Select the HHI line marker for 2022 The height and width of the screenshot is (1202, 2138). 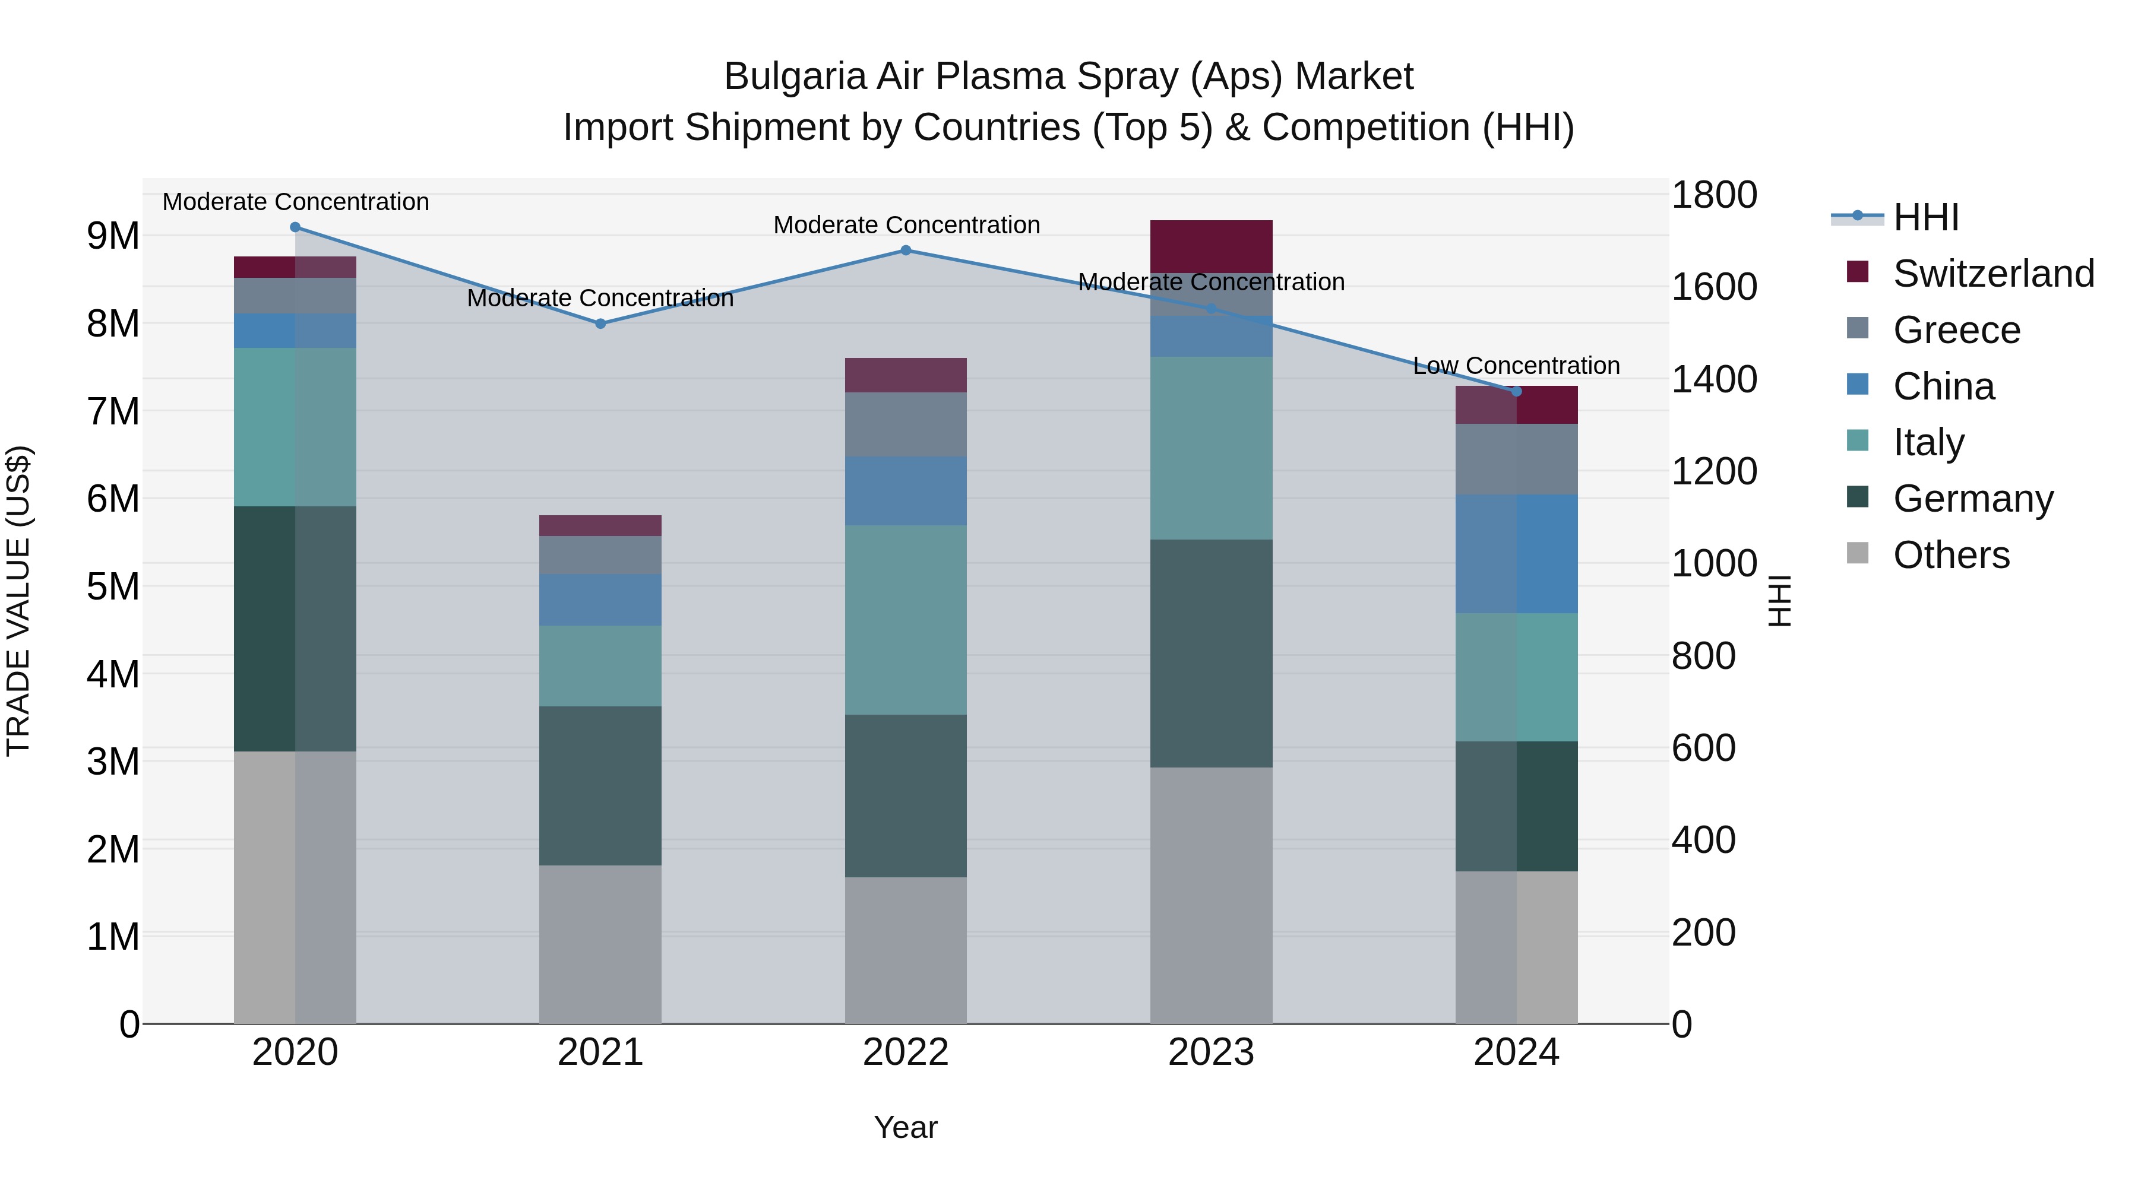click(x=906, y=250)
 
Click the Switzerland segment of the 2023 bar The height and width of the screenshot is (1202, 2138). click(x=1211, y=246)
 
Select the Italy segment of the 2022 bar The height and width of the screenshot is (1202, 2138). click(x=906, y=620)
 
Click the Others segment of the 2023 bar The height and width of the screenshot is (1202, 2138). click(x=1211, y=895)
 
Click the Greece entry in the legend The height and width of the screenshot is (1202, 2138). click(x=1956, y=330)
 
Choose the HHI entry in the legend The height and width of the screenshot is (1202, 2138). click(x=1925, y=217)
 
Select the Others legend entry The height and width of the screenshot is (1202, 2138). click(x=1950, y=555)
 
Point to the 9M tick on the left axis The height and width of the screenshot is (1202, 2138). click(x=113, y=236)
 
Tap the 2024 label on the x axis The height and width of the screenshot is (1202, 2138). click(x=1516, y=1052)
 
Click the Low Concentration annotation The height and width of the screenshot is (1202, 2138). click(x=1516, y=366)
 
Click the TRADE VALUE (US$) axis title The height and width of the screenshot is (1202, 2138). click(x=18, y=601)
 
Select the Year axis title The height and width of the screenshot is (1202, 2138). click(x=906, y=1127)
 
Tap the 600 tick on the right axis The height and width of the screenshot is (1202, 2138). click(x=1703, y=749)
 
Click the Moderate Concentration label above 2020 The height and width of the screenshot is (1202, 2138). click(x=296, y=202)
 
